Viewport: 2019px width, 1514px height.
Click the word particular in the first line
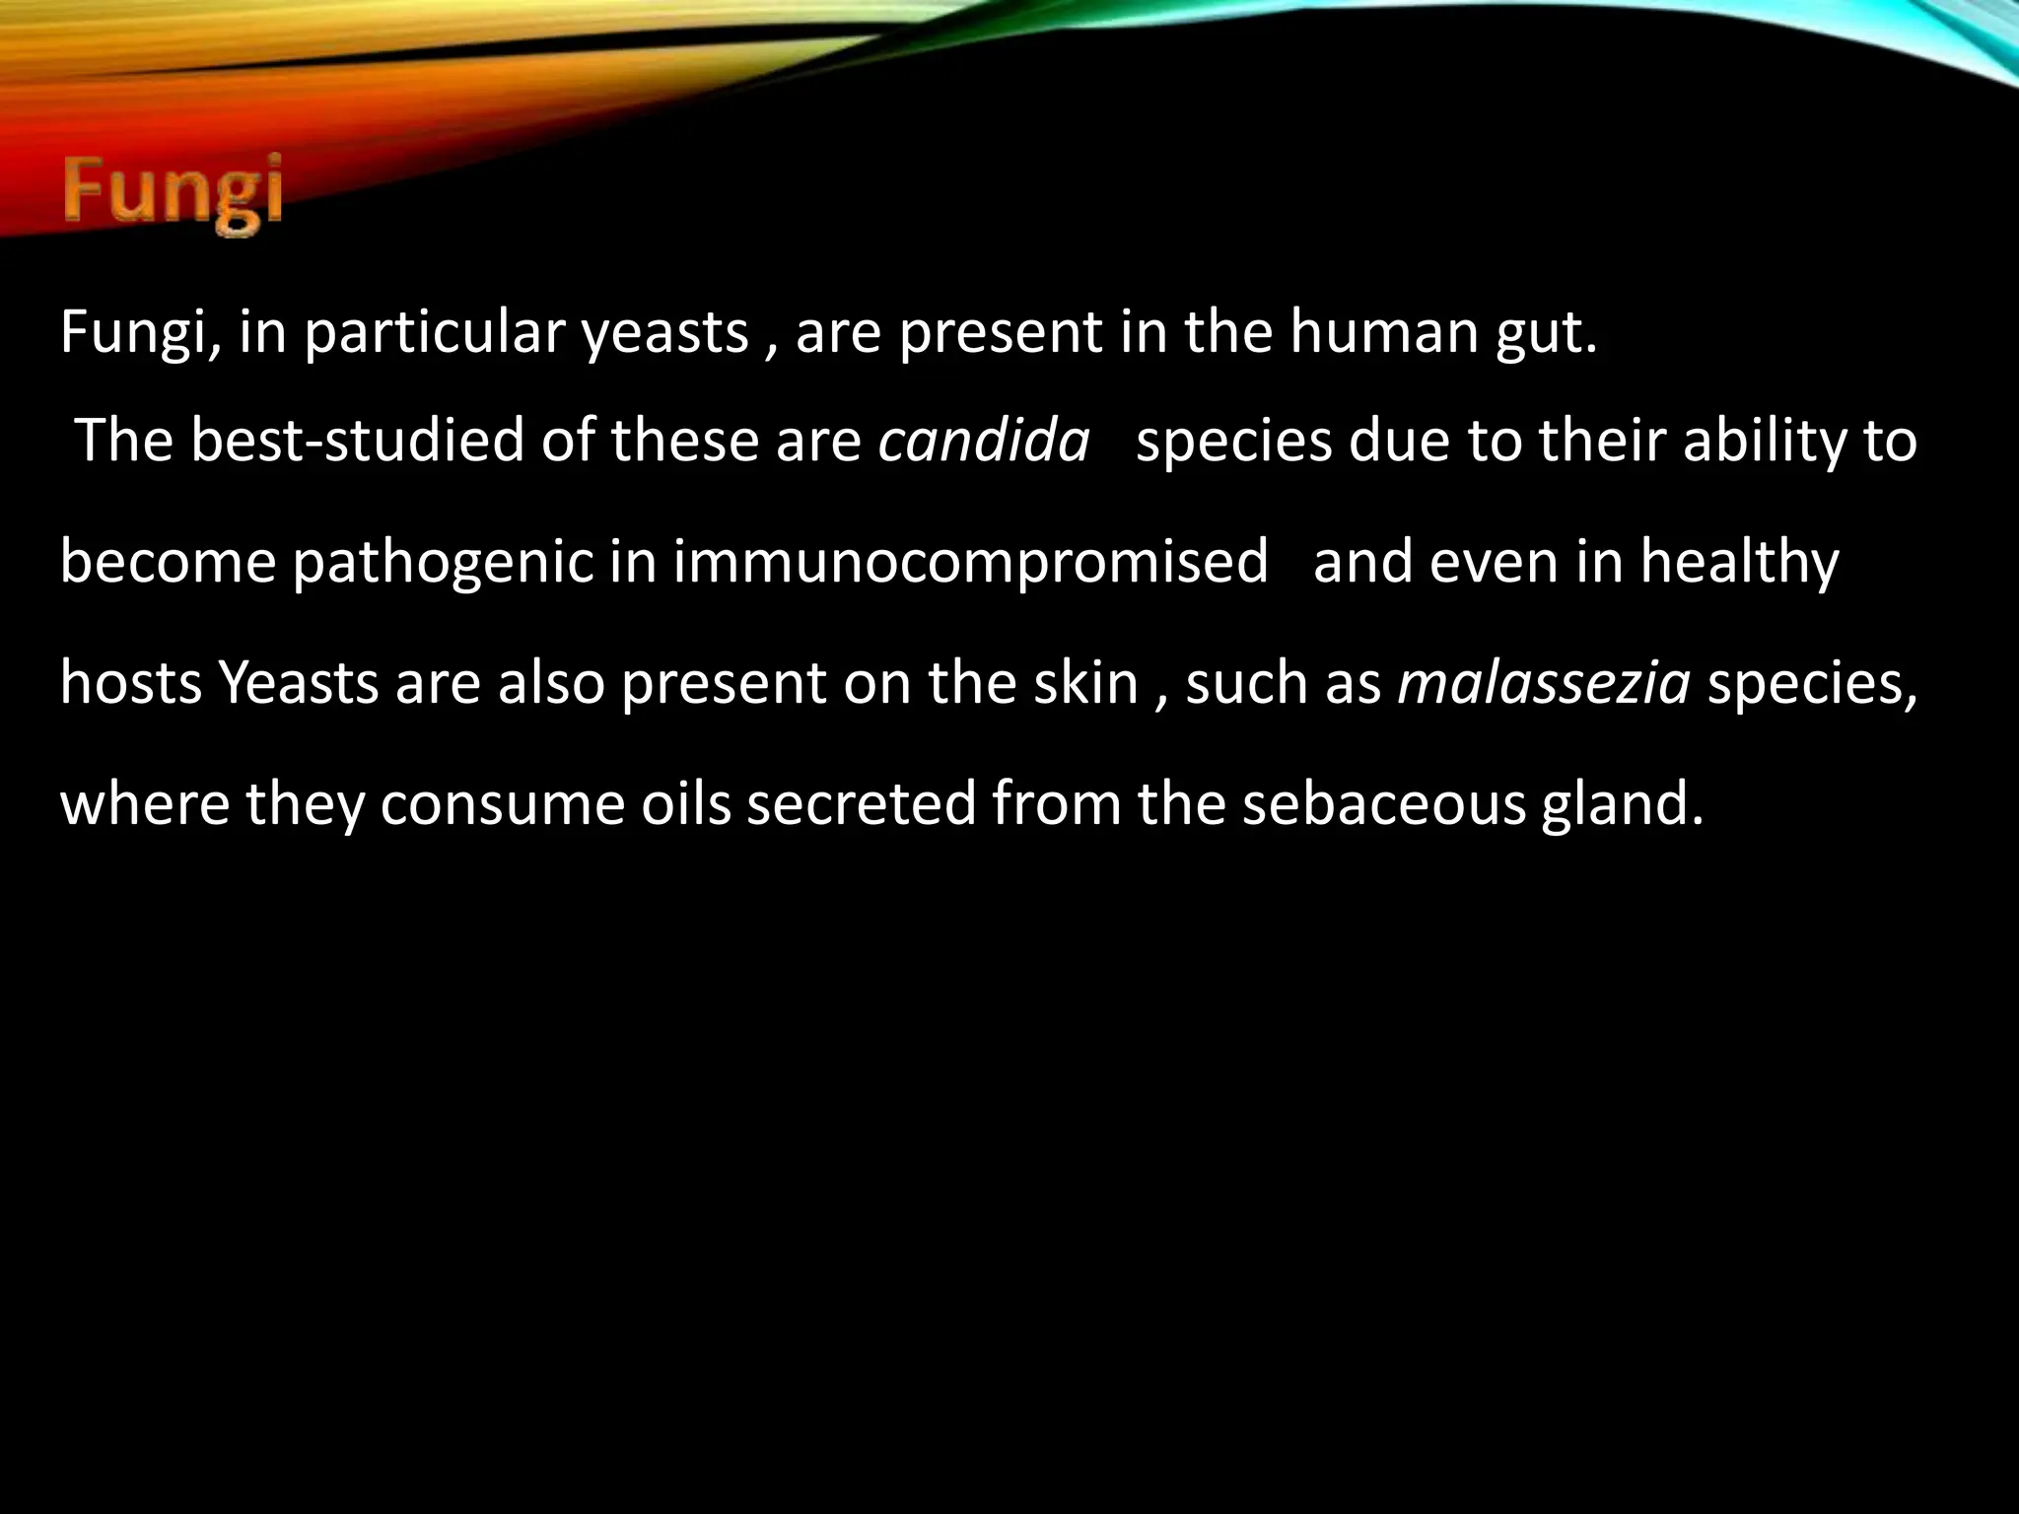coord(433,332)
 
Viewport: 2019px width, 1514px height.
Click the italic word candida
coord(984,441)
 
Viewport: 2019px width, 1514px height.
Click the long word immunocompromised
coord(971,562)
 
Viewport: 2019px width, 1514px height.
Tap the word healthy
coord(1740,562)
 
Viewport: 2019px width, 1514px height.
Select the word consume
coord(502,803)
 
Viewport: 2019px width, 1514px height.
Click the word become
coord(168,562)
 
